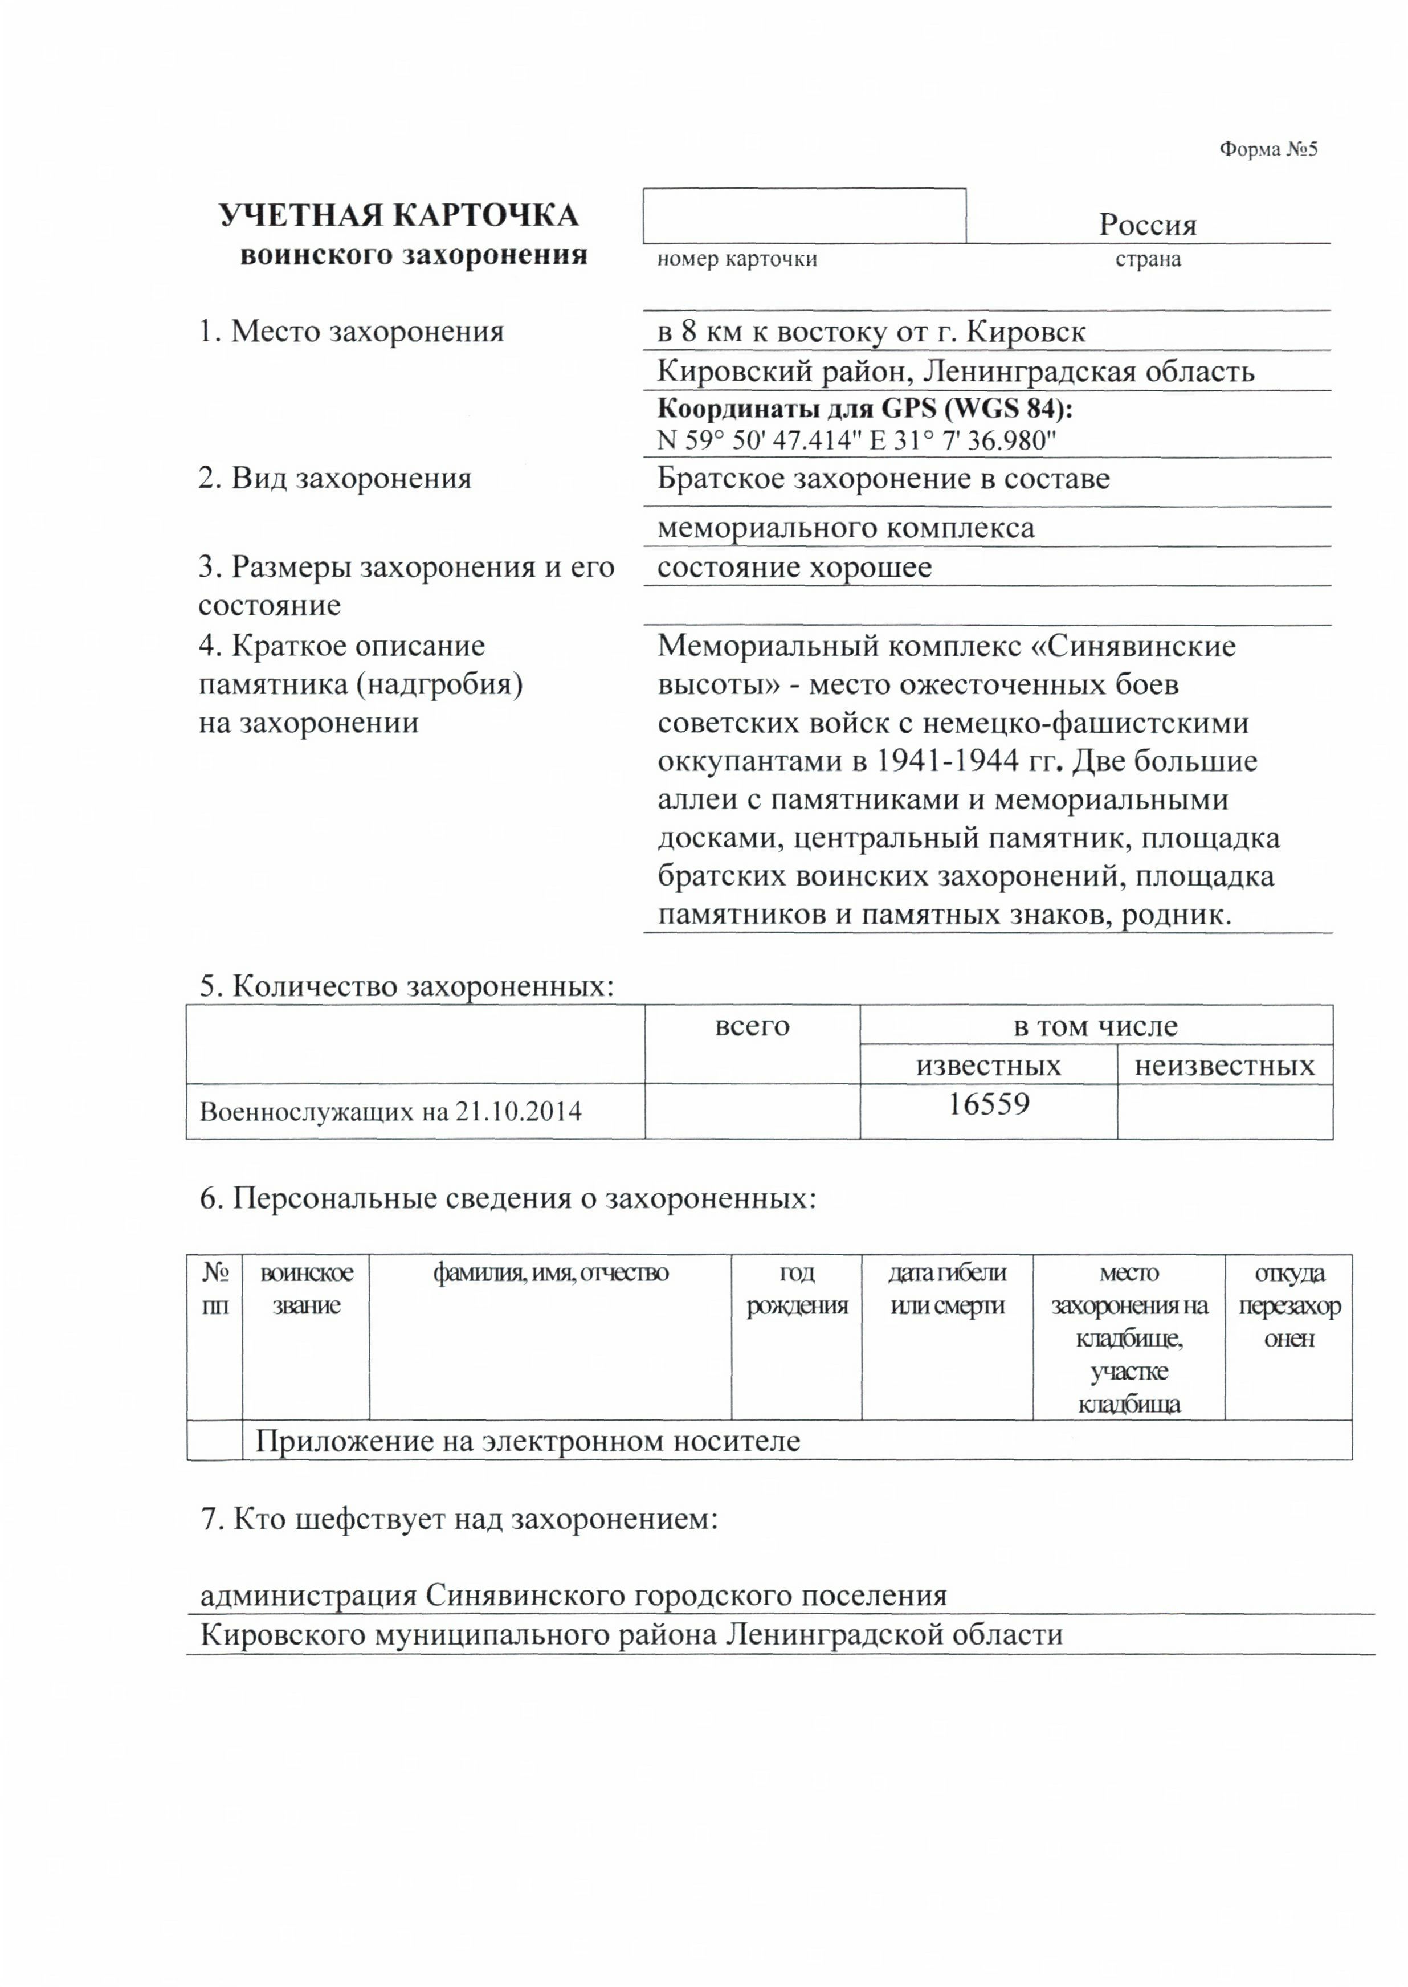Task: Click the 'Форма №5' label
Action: [x=1268, y=150]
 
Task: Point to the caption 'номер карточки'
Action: [x=736, y=259]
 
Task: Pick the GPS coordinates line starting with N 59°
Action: [x=856, y=440]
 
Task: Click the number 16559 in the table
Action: [x=989, y=1104]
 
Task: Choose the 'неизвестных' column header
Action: [x=1224, y=1066]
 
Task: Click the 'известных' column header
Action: [x=989, y=1066]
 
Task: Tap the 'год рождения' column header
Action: [x=796, y=1289]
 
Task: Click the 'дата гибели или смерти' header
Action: [x=947, y=1289]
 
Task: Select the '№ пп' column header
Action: [x=215, y=1289]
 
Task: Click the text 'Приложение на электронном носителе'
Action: [x=527, y=1441]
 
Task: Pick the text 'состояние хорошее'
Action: [x=794, y=568]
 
